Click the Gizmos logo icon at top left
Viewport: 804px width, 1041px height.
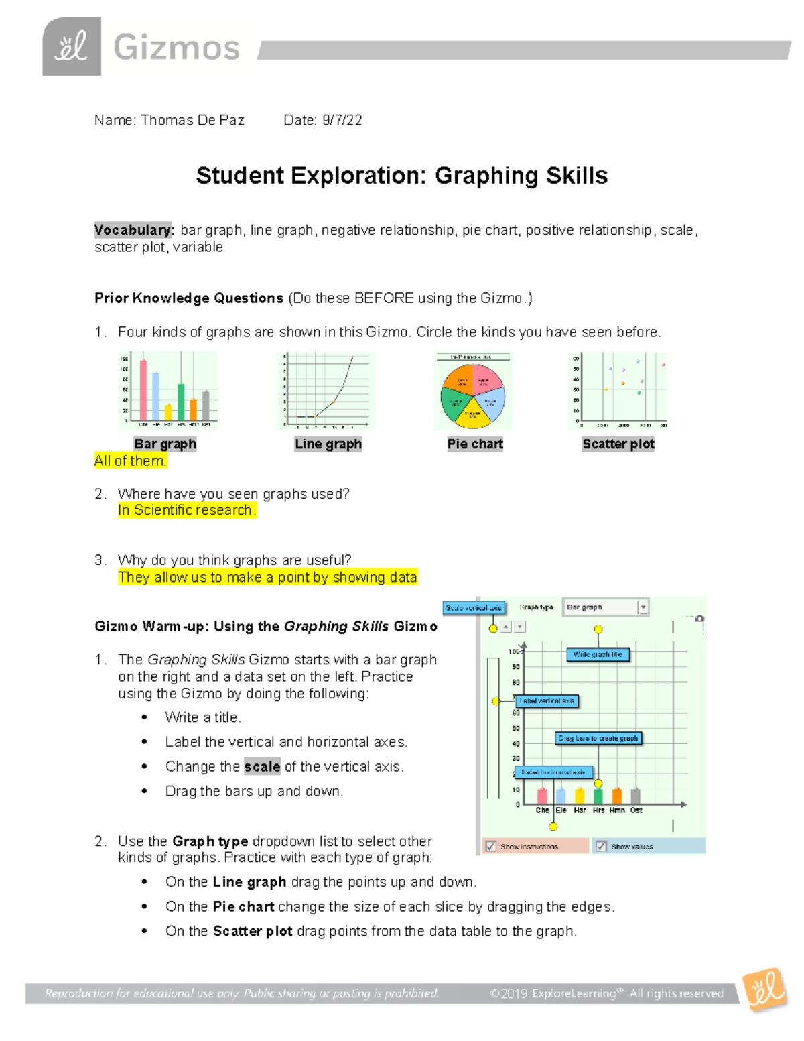(x=72, y=47)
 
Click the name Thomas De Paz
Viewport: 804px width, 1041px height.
(x=192, y=120)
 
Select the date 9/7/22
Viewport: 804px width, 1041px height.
(x=342, y=120)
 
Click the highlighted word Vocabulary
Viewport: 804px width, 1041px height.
(x=134, y=230)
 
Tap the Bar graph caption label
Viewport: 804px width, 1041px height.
(x=165, y=444)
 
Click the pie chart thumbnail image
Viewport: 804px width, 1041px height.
(x=473, y=391)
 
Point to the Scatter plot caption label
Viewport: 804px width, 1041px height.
(x=618, y=444)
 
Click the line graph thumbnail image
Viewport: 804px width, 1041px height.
(x=326, y=391)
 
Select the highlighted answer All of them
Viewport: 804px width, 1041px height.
(x=130, y=461)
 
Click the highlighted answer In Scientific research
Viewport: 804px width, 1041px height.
(x=186, y=510)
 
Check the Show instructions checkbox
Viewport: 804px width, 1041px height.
(x=491, y=846)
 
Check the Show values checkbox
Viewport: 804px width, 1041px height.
(x=601, y=846)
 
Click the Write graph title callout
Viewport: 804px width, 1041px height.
(x=598, y=654)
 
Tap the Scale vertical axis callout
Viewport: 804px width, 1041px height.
(x=474, y=607)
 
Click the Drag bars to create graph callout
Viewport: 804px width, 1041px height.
(x=598, y=738)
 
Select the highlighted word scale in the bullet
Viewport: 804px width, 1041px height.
(x=262, y=766)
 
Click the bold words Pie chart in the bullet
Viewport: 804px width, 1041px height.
(x=243, y=906)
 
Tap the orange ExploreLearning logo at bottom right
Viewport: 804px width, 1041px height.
(x=765, y=989)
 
